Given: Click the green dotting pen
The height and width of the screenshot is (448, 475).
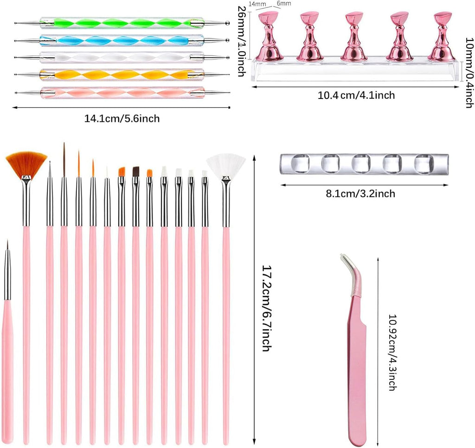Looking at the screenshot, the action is [122, 23].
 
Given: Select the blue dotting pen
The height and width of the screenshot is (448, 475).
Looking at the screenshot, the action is [122, 40].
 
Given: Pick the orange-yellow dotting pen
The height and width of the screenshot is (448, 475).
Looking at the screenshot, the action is [122, 75].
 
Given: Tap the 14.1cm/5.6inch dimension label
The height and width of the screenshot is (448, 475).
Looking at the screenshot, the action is [122, 118].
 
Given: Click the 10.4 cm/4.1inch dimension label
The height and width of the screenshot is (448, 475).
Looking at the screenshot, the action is [356, 95].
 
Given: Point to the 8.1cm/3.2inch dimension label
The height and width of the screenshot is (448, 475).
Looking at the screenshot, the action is [360, 194].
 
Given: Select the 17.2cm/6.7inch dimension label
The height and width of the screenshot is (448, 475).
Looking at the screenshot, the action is [266, 308].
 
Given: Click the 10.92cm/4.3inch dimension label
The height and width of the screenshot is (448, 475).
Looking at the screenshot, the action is [392, 352].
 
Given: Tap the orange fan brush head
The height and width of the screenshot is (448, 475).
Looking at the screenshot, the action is [26, 164].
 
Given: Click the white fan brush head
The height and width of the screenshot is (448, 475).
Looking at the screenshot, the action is [226, 165].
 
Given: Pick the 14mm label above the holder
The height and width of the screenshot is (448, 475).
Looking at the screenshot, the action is [257, 4].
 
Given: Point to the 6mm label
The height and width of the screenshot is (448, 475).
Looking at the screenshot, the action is [284, 3].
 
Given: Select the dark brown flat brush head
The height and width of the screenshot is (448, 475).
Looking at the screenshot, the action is [136, 171].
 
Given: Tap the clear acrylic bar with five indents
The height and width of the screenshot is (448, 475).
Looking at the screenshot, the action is [364, 164].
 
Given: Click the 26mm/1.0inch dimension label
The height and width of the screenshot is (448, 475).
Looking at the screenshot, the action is [241, 41].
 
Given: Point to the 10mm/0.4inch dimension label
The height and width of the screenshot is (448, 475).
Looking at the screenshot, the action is [469, 72].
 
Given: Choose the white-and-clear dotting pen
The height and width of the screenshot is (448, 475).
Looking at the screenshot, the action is [122, 57].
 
